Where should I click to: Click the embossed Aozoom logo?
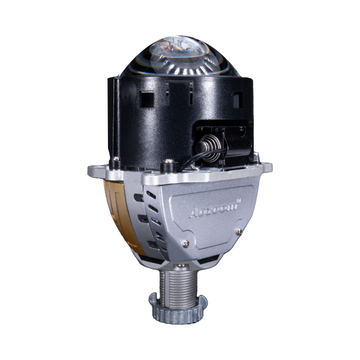coord(214,209)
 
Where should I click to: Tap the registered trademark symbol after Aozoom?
coord(239,200)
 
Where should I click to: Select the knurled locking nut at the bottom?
coord(178,310)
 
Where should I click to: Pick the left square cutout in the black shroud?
coord(146,99)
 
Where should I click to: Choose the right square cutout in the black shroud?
coord(238,100)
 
